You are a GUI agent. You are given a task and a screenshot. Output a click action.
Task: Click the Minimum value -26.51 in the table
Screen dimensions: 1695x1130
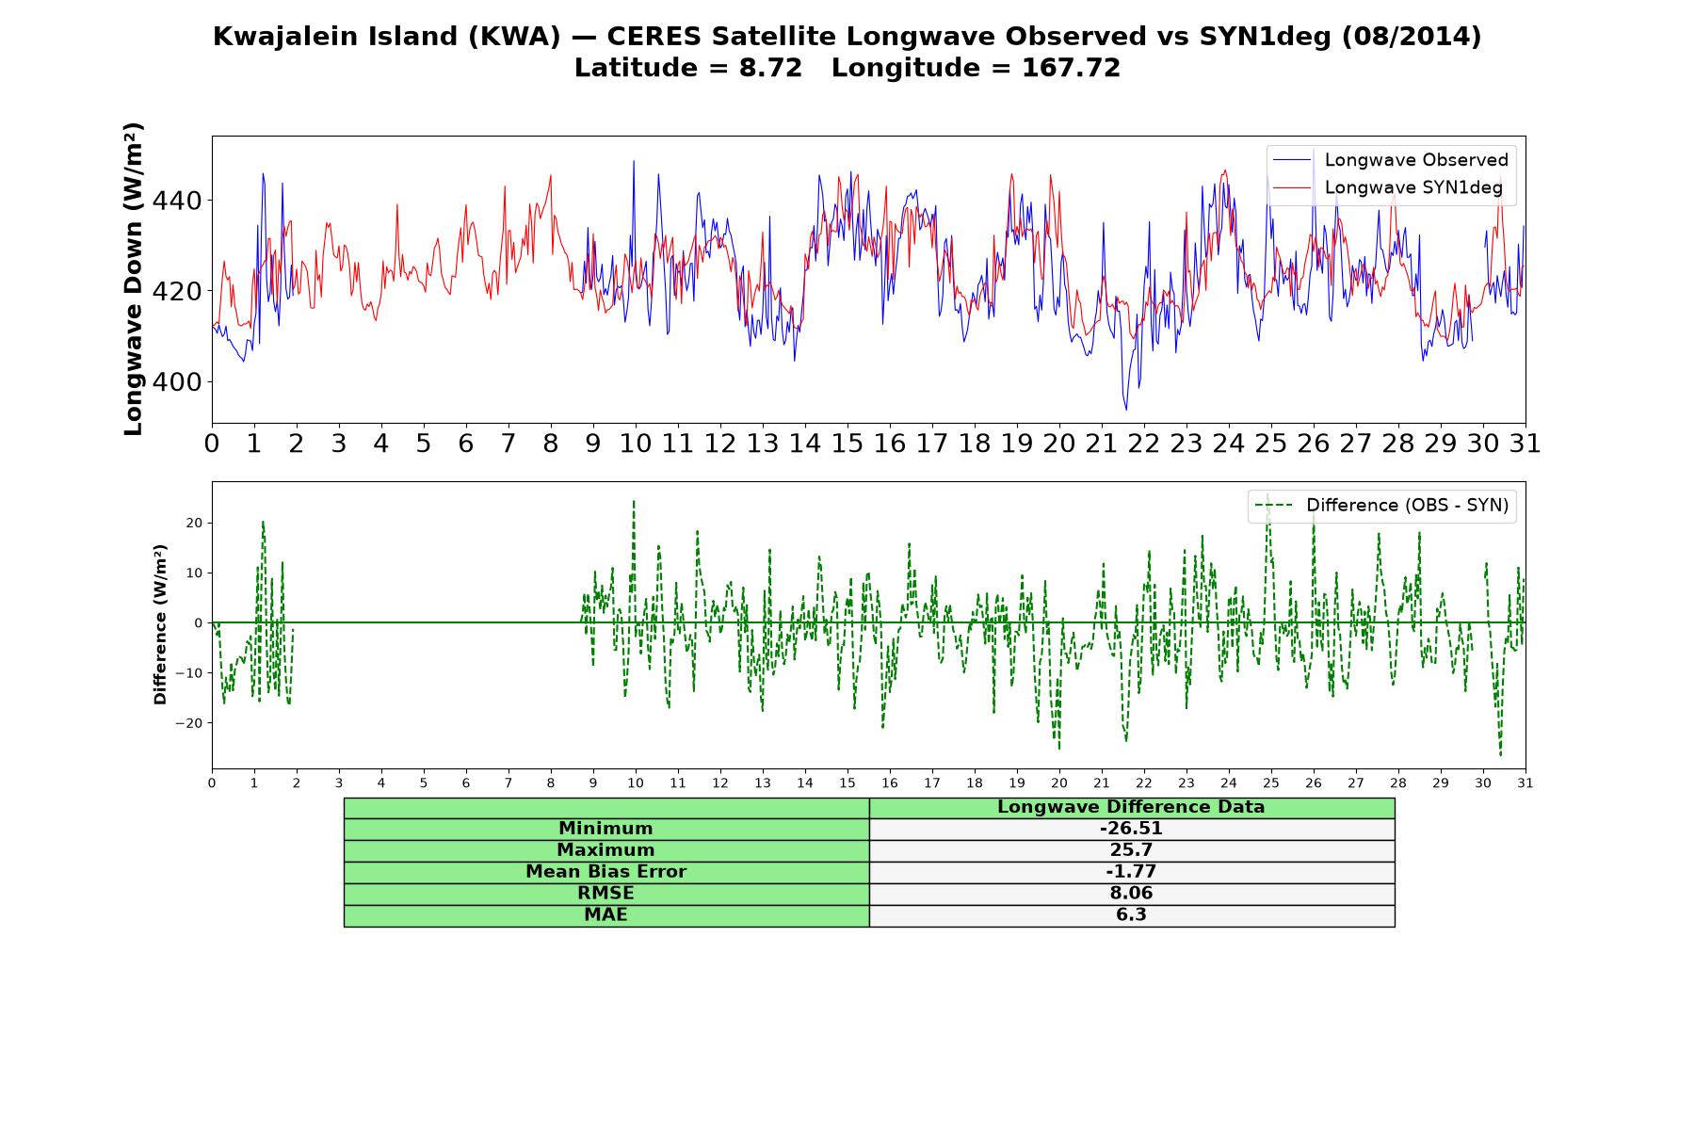pyautogui.click(x=1131, y=829)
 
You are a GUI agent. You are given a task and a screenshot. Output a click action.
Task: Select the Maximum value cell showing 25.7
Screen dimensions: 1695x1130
pyautogui.click(x=1131, y=850)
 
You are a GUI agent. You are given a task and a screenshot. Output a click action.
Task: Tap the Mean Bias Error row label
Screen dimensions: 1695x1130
pyautogui.click(x=605, y=872)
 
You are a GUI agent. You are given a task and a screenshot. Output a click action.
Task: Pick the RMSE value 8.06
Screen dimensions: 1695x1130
pyautogui.click(x=1131, y=894)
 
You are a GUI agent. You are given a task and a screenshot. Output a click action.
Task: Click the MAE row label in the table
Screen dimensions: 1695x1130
pyautogui.click(x=605, y=915)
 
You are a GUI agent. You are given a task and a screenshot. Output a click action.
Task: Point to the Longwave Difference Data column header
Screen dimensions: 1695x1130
pyautogui.click(x=1131, y=807)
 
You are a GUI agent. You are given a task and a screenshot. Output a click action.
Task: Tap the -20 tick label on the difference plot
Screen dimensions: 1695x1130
pyautogui.click(x=188, y=723)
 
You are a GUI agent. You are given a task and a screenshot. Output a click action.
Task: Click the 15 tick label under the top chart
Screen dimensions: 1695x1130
pyautogui.click(x=847, y=444)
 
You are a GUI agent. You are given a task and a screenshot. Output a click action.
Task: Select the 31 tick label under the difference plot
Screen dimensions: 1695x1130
pyautogui.click(x=1525, y=783)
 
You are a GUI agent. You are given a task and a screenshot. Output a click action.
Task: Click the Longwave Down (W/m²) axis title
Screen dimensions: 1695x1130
pyautogui.click(x=133, y=279)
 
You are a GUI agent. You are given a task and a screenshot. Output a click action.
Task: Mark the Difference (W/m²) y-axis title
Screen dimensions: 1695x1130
pyautogui.click(x=160, y=624)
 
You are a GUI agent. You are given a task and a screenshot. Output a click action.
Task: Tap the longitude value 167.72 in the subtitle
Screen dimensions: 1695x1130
pyautogui.click(x=1071, y=68)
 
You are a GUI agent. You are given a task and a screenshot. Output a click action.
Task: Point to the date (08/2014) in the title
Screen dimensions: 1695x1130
pyautogui.click(x=1411, y=37)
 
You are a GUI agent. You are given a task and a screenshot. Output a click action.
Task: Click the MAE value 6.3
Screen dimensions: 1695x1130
pyautogui.click(x=1131, y=915)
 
